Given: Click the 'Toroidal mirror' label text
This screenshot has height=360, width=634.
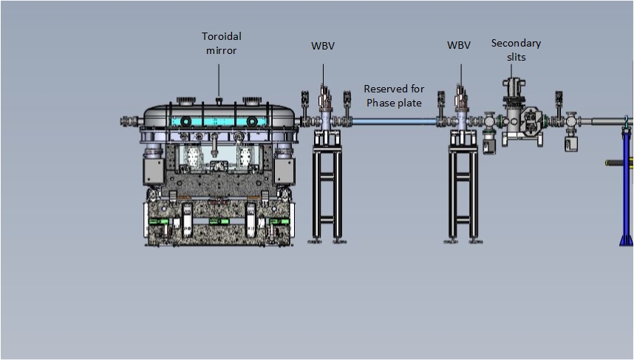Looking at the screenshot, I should [x=222, y=43].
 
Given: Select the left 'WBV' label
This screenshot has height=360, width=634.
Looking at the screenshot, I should [x=322, y=45].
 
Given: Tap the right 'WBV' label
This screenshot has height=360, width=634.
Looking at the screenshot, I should [x=458, y=45].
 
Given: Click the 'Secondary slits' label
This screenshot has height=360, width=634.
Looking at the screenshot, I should [x=516, y=50].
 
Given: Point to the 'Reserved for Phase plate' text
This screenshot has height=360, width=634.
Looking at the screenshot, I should [x=394, y=95].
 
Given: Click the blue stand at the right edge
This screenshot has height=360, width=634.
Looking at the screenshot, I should [x=626, y=185].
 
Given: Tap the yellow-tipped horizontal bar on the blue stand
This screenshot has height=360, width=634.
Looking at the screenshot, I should [x=613, y=163].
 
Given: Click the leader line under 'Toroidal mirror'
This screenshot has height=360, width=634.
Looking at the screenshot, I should [x=219, y=80].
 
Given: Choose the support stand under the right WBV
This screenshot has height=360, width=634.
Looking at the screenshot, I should [x=463, y=192].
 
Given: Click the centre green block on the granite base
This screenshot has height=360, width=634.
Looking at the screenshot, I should [x=217, y=221].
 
